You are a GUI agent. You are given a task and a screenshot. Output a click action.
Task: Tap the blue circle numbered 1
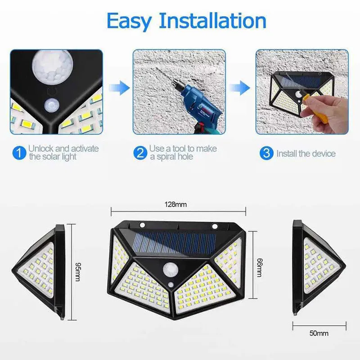(x=18, y=153)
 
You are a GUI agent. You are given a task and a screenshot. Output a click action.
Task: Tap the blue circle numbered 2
(x=140, y=153)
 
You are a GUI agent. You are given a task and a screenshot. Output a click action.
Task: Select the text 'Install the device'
(x=306, y=153)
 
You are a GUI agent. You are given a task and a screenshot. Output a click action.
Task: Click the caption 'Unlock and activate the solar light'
(x=63, y=153)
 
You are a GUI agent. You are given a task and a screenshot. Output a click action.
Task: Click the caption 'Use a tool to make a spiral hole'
(x=183, y=153)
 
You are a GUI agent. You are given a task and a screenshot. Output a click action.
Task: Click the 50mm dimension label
(x=319, y=334)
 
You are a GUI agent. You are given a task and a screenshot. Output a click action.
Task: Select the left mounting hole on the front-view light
(x=143, y=225)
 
